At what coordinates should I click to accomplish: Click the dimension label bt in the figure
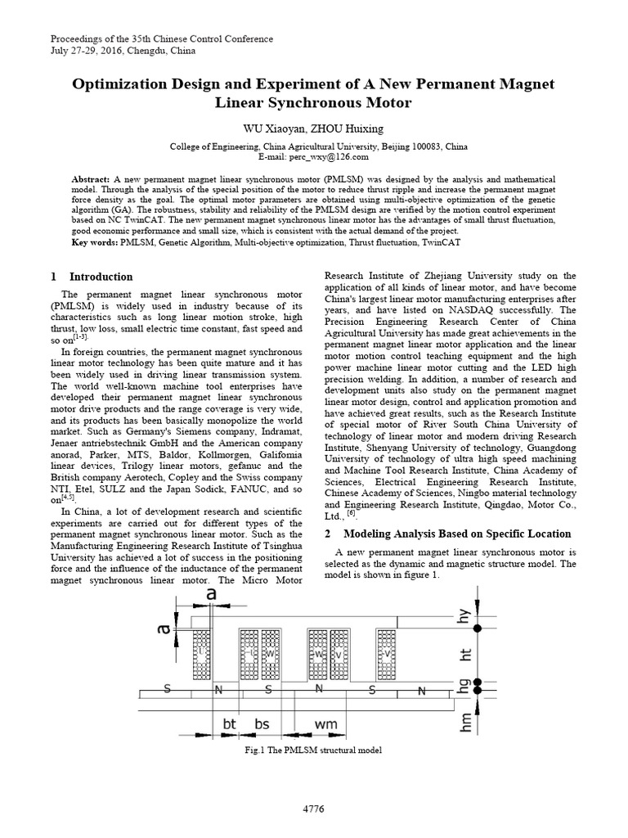coord(229,724)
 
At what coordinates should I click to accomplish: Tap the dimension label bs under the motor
coord(261,724)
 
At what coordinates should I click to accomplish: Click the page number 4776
coord(314,809)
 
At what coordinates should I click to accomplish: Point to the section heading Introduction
coord(101,277)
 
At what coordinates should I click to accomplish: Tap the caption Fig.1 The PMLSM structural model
coord(314,750)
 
